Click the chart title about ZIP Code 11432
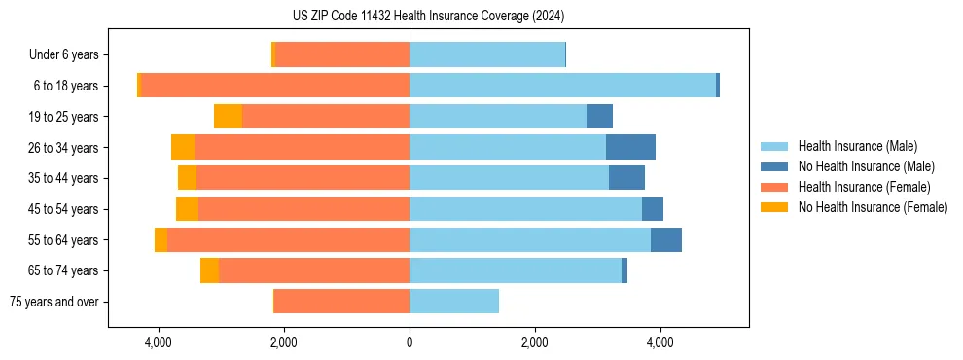tap(428, 17)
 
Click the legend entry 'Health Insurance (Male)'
tap(857, 146)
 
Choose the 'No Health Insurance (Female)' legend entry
tap(873, 207)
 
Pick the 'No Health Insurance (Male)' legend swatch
tap(774, 166)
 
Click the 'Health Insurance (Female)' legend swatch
tap(774, 187)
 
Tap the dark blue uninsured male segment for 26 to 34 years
tap(630, 147)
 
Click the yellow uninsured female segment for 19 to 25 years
tap(228, 117)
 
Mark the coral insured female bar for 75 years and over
tap(341, 302)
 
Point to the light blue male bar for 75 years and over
tap(454, 302)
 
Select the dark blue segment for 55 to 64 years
tap(666, 240)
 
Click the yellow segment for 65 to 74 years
tap(209, 270)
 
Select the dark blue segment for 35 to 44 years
tap(626, 178)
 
